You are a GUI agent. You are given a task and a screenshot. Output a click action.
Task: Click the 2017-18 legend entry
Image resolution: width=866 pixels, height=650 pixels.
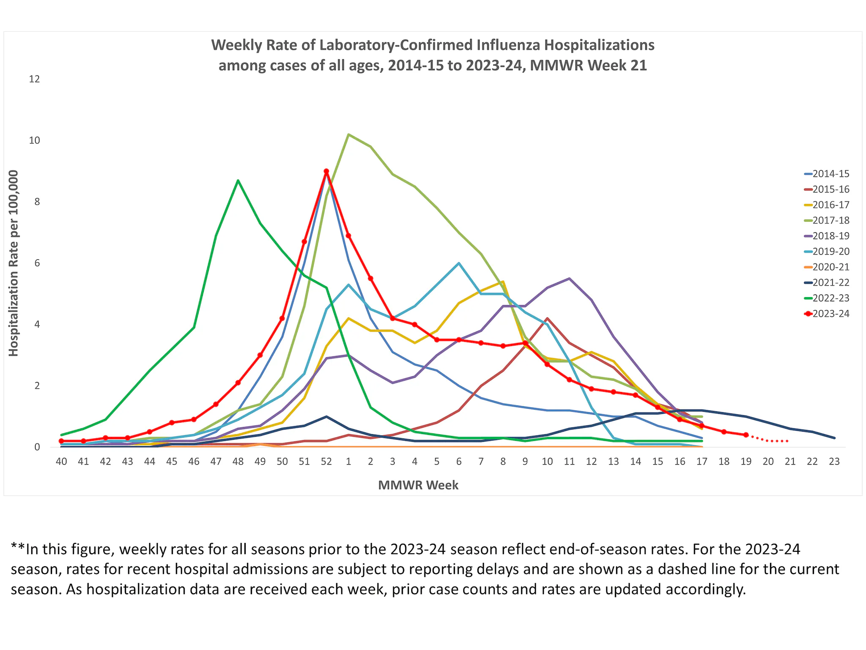click(830, 220)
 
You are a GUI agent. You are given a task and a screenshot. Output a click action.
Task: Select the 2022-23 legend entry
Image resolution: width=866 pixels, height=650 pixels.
click(830, 298)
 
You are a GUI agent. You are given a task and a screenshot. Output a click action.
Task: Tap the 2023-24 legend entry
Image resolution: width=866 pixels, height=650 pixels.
click(830, 314)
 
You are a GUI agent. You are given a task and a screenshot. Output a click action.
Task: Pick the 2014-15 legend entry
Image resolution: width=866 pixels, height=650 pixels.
click(830, 174)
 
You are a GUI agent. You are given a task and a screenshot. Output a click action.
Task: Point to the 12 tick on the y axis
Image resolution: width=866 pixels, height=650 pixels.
click(34, 79)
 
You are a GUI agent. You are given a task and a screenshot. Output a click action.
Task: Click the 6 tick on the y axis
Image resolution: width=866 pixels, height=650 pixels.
click(37, 263)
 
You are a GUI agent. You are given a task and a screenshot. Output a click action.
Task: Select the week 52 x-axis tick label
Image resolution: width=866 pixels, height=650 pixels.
click(326, 462)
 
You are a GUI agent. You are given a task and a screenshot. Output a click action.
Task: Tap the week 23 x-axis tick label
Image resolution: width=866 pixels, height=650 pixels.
click(834, 462)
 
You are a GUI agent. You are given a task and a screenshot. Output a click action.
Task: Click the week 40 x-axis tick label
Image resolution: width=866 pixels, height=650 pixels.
click(61, 462)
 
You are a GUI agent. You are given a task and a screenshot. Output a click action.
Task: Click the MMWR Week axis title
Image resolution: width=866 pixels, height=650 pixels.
click(418, 485)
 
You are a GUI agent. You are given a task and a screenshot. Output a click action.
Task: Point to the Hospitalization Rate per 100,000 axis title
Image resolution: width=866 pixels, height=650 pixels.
click(14, 263)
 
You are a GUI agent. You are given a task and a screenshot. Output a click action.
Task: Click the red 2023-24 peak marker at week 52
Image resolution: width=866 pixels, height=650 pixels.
click(326, 171)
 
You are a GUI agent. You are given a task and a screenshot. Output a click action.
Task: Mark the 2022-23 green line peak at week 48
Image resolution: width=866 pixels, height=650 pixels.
click(238, 181)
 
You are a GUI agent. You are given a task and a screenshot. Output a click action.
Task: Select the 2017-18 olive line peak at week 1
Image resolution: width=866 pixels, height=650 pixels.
click(348, 135)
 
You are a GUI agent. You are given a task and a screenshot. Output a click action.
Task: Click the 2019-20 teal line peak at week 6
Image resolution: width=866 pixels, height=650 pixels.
click(459, 263)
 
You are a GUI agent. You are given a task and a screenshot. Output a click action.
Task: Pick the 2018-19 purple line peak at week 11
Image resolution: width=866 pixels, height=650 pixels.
click(569, 278)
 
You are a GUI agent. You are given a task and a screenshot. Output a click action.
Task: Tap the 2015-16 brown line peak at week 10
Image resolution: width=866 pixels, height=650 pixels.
click(547, 318)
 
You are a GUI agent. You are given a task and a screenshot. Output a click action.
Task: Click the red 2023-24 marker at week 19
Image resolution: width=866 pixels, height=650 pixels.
click(746, 435)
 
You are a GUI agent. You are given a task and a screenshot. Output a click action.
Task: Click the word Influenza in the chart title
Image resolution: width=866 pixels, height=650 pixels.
click(509, 45)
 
